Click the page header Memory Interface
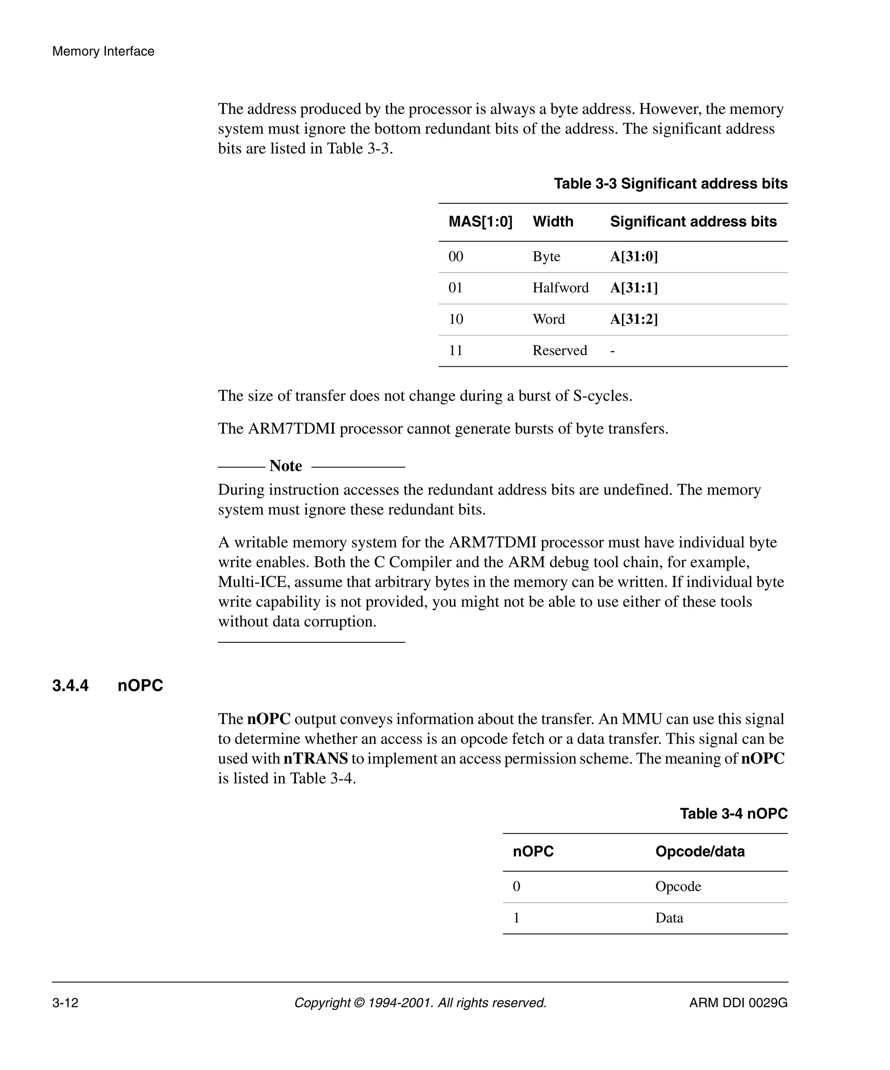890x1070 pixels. click(x=103, y=51)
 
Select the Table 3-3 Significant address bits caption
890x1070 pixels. click(x=671, y=183)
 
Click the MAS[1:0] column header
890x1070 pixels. click(x=480, y=222)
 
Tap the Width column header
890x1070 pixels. click(x=553, y=222)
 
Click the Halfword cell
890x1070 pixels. click(x=561, y=288)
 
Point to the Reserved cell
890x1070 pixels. click(x=559, y=351)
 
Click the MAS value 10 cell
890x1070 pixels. click(x=455, y=319)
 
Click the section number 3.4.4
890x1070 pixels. click(x=70, y=686)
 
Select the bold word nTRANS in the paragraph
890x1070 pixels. click(x=315, y=759)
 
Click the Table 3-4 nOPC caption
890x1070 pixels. click(x=733, y=814)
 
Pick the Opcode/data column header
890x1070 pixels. click(x=700, y=851)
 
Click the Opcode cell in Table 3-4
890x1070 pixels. click(x=677, y=887)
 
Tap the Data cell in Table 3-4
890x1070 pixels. click(x=669, y=918)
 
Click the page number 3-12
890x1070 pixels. click(x=65, y=1003)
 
